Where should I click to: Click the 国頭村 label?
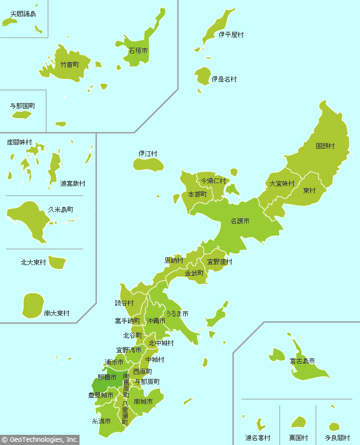pyautogui.click(x=325, y=146)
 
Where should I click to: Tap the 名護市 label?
pyautogui.click(x=240, y=221)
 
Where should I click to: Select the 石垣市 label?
pyautogui.click(x=138, y=50)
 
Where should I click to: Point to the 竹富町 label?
pyautogui.click(x=70, y=65)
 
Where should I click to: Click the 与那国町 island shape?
pyautogui.click(x=22, y=115)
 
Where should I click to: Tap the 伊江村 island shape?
pyautogui.click(x=148, y=165)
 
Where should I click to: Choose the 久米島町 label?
pyautogui.click(x=60, y=209)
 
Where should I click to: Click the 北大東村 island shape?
pyautogui.click(x=58, y=262)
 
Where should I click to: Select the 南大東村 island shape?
pyautogui.click(x=32, y=306)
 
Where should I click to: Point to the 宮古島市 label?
pyautogui.click(x=302, y=361)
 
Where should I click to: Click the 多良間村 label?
pyautogui.click(x=337, y=438)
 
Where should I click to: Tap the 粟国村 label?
pyautogui.click(x=298, y=438)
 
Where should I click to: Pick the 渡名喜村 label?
pyautogui.click(x=258, y=438)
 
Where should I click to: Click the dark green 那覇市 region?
pyautogui.click(x=100, y=385)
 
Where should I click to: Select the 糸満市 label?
pyautogui.click(x=101, y=421)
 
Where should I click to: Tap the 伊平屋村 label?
pyautogui.click(x=231, y=35)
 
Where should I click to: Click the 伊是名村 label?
pyautogui.click(x=224, y=79)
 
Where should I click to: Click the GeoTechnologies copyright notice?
pyautogui.click(x=39, y=439)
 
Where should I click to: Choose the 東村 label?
pyautogui.click(x=309, y=191)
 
